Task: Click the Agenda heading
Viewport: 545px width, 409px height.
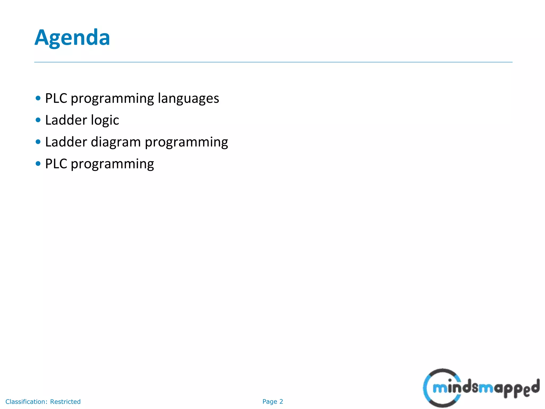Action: [72, 38]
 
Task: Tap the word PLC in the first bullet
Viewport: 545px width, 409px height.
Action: [56, 98]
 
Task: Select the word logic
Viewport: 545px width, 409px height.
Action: [105, 120]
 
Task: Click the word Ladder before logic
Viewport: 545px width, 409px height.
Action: [66, 120]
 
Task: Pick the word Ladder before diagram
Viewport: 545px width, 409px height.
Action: [66, 142]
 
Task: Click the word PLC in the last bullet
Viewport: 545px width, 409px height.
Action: [56, 164]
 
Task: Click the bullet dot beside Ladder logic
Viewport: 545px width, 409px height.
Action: [38, 120]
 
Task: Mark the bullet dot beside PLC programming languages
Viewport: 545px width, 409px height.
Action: [38, 98]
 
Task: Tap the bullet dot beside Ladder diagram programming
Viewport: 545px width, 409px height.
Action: [38, 142]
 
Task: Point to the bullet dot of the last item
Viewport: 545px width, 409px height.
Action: [38, 163]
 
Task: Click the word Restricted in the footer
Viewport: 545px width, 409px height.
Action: [65, 402]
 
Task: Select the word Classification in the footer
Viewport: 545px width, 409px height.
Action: [26, 402]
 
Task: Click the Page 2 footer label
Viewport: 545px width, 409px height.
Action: [272, 402]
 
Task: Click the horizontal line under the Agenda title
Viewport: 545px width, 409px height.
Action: [273, 62]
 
